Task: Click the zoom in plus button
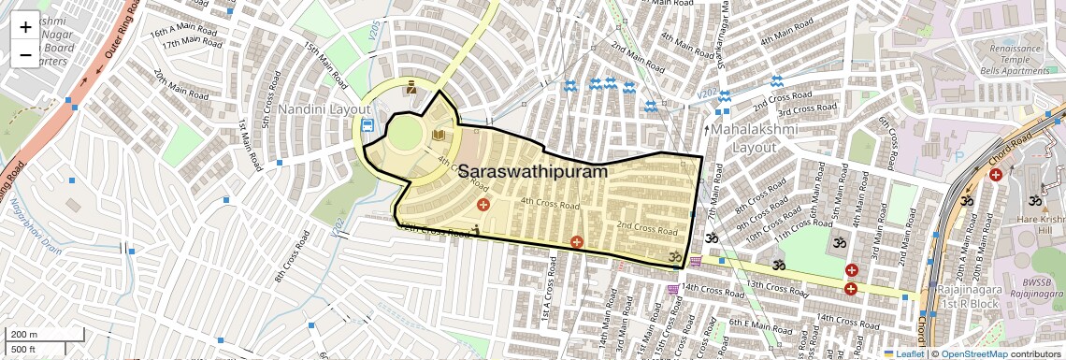(x=25, y=26)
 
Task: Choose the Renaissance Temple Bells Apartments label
(x=1012, y=57)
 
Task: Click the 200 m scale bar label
(x=25, y=335)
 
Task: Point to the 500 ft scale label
(x=25, y=350)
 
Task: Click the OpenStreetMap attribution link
(x=973, y=353)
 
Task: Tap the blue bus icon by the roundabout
(x=367, y=124)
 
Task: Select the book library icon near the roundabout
(x=439, y=137)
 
